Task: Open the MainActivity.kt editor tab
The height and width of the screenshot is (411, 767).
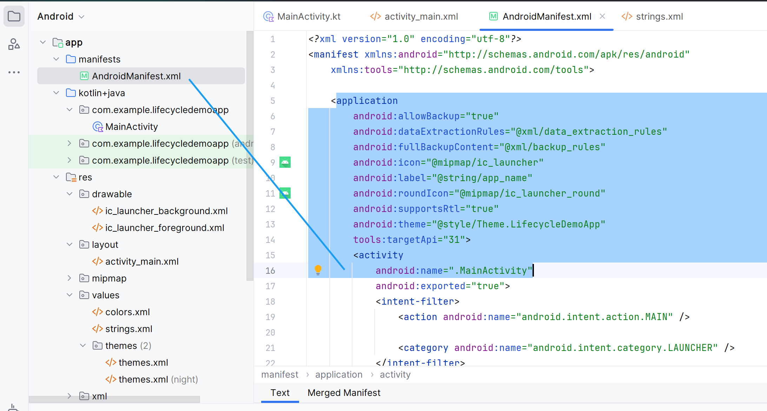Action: click(x=302, y=16)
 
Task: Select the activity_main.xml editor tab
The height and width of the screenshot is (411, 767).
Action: click(x=414, y=16)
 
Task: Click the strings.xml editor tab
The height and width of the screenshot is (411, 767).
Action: click(x=652, y=16)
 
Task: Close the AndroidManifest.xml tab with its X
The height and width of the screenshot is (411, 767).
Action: click(x=602, y=16)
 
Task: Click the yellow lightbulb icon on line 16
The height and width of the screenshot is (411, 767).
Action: click(x=318, y=270)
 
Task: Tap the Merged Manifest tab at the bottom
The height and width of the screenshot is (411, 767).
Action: click(x=344, y=393)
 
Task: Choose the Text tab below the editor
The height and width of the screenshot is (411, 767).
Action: click(x=280, y=393)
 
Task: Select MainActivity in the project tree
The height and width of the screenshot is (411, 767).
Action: click(x=132, y=127)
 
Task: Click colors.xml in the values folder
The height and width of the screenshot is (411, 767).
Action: click(x=127, y=312)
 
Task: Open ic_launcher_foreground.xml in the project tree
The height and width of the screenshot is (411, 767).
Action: click(x=165, y=228)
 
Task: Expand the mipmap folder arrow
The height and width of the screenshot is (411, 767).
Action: click(x=69, y=278)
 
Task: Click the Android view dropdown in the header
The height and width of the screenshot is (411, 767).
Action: click(x=61, y=16)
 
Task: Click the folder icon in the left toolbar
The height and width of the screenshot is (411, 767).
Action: click(x=14, y=16)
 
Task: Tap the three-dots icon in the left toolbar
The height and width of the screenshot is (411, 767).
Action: click(x=14, y=72)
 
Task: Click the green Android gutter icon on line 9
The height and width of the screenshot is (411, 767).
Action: click(x=285, y=162)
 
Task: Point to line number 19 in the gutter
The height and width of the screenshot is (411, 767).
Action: click(x=270, y=317)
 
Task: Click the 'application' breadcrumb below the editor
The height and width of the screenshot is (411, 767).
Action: click(x=339, y=374)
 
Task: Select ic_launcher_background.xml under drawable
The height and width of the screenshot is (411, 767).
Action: click(x=166, y=211)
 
